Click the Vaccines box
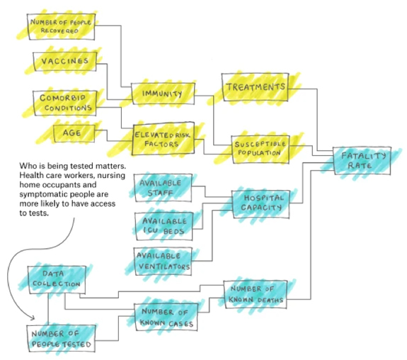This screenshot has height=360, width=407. pos(65,62)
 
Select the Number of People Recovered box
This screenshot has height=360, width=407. pos(61,26)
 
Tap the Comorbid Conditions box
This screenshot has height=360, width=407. pos(65,103)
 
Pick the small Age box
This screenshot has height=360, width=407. pos(74,133)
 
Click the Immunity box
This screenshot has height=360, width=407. pos(163,94)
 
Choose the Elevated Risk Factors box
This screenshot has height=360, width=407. pos(163,139)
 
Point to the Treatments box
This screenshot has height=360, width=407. pos(255,87)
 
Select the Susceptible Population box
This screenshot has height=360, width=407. pos(260,149)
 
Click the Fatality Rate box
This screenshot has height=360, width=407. pos(362,161)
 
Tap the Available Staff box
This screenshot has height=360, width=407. pos(163,188)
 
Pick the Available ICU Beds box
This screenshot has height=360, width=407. pos(164,226)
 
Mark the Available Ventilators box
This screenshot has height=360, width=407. pos(163,261)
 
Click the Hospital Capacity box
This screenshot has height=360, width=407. pos(260,204)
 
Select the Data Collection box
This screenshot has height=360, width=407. pos(57,280)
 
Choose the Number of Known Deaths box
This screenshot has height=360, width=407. pos(256,295)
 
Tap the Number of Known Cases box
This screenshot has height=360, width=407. pos(166,317)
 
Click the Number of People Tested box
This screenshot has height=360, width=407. pos(62,339)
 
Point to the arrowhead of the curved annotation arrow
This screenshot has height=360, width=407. pos(33,318)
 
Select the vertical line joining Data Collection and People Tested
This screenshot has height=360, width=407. pos(48,309)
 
